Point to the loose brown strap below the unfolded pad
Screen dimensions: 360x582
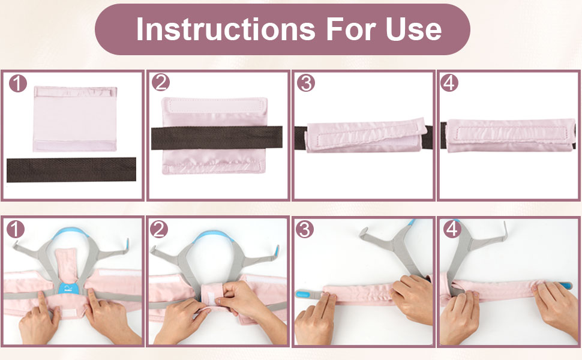click(71, 170)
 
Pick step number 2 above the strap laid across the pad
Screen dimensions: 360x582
click(161, 83)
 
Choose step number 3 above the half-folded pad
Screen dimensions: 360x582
click(306, 83)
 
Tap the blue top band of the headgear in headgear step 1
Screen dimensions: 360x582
click(73, 235)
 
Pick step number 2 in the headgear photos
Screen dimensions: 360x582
click(160, 229)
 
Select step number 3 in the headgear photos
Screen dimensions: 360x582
click(305, 229)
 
